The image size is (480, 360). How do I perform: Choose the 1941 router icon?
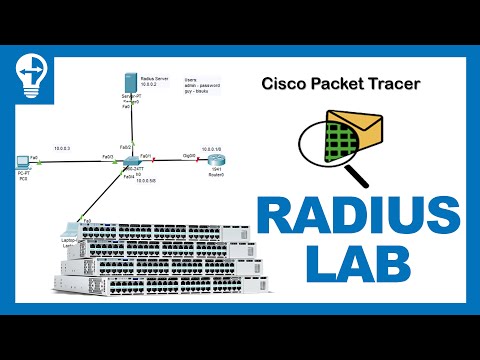point(215,158)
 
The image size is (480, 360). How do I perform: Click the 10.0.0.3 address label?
point(61,147)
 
